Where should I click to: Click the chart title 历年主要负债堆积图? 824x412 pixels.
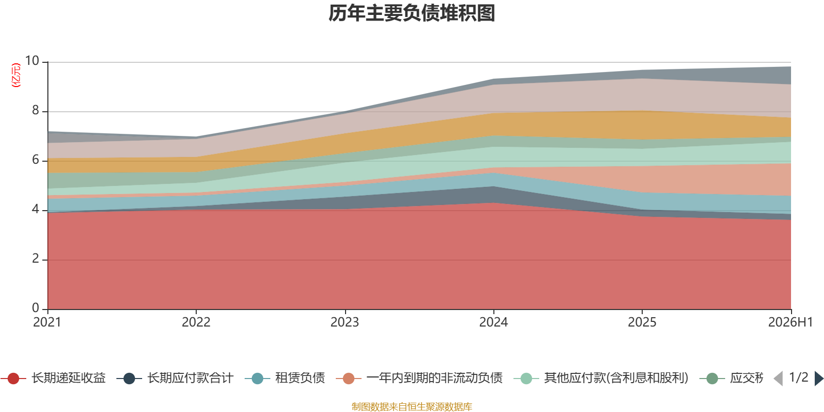coord(411,13)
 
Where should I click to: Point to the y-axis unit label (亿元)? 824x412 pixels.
coord(16,75)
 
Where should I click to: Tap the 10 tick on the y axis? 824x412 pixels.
coord(32,61)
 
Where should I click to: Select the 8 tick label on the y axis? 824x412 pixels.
coord(36,110)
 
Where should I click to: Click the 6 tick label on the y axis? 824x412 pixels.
coord(36,160)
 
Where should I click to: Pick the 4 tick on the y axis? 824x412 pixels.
coord(36,209)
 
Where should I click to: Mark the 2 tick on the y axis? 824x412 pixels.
coord(36,259)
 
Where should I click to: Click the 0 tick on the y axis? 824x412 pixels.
coord(36,307)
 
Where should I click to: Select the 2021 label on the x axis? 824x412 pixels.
coord(47,322)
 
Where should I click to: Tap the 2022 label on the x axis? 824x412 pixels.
coord(196,322)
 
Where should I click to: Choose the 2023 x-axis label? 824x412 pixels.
coord(345,322)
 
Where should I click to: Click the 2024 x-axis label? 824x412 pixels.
coord(493,322)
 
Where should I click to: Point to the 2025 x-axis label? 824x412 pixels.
coord(642,322)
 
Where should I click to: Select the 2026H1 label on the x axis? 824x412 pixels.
coord(791,322)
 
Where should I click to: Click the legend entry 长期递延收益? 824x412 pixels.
coord(54,378)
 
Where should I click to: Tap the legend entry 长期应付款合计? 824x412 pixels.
coord(175,378)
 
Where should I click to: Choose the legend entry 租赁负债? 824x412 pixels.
coord(285,378)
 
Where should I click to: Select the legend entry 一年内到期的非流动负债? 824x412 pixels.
coord(419,378)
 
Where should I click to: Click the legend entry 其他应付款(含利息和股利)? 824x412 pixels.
coord(601,378)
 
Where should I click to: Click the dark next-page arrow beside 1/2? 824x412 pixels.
coord(818,378)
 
